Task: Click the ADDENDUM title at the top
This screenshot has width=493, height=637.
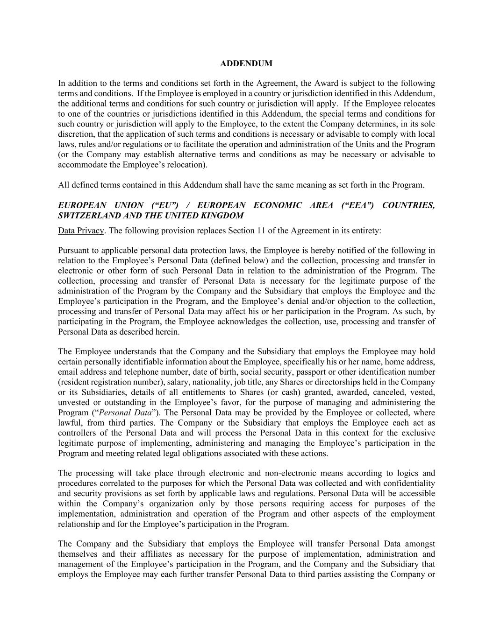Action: (246, 63)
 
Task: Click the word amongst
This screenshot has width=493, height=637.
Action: (420, 544)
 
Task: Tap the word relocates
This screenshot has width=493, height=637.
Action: (418, 104)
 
